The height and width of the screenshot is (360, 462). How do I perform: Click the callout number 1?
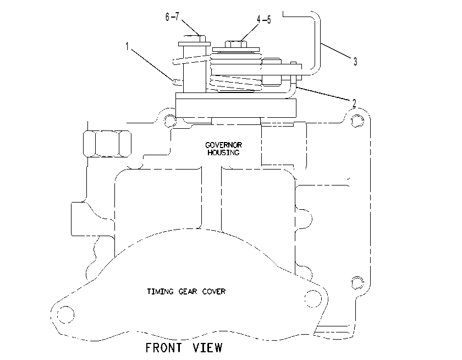click(x=127, y=46)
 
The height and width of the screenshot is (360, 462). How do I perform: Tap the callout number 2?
click(x=354, y=103)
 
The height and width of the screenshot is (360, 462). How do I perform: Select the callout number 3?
click(x=355, y=61)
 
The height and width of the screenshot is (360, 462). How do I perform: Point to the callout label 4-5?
click(x=263, y=20)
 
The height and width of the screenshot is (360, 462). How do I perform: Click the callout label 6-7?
click(x=172, y=17)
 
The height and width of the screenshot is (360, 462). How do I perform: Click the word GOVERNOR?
click(x=224, y=145)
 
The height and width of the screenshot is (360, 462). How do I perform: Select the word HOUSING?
click(x=224, y=152)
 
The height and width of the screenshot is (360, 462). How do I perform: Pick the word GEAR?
click(x=188, y=292)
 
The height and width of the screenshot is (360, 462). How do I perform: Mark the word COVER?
click(x=214, y=292)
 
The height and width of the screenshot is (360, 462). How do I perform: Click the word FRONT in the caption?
click(x=164, y=348)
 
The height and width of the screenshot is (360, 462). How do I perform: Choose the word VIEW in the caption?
click(x=207, y=348)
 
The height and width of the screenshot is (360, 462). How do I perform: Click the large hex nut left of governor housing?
click(x=107, y=144)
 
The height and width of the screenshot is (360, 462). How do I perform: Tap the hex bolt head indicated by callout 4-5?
click(x=236, y=44)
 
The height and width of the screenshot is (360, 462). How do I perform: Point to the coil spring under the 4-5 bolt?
click(x=236, y=72)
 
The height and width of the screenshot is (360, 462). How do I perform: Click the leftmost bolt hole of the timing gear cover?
click(x=65, y=315)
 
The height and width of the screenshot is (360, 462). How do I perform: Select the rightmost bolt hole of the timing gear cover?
click(x=313, y=299)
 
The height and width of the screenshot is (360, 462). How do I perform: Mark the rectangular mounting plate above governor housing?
click(x=236, y=108)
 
